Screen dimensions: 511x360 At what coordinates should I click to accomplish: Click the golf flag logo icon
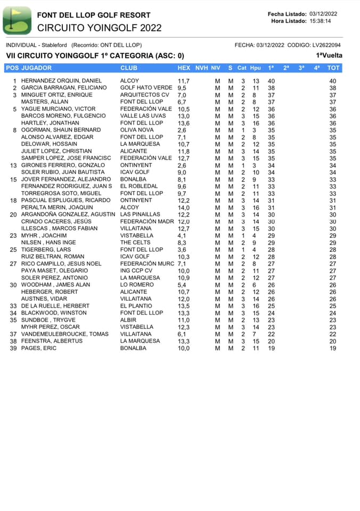(x=17, y=20)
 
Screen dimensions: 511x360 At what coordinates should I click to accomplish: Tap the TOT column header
(x=333, y=68)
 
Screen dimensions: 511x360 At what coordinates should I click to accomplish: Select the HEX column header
(x=184, y=68)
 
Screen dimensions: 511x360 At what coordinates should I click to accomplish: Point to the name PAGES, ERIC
(x=38, y=348)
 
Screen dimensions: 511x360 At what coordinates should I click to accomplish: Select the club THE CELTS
(x=135, y=243)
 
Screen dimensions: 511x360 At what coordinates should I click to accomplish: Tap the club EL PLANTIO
(x=136, y=306)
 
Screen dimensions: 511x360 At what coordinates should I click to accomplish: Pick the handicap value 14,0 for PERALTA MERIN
(x=183, y=208)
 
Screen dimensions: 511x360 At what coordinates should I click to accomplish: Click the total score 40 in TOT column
(x=333, y=81)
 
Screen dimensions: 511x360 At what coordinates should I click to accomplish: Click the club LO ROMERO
(x=136, y=285)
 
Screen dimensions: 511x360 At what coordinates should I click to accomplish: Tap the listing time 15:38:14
(x=320, y=21)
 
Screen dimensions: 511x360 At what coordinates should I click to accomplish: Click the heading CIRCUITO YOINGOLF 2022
(x=100, y=28)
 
